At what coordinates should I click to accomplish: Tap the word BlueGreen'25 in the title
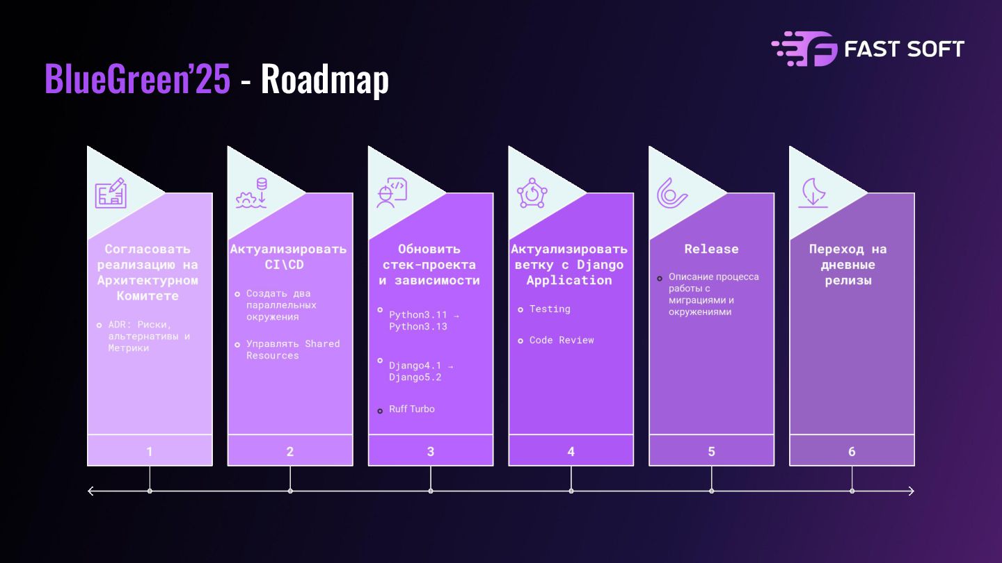tap(137, 79)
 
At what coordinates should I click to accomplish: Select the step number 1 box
tap(150, 451)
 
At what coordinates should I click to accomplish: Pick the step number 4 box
tap(571, 451)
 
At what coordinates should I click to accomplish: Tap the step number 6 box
tap(852, 451)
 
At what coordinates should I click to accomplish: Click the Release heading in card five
tap(711, 249)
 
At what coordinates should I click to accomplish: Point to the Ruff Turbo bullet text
tap(412, 409)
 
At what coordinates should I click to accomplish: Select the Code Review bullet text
tap(562, 340)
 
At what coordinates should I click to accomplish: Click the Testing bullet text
tap(550, 309)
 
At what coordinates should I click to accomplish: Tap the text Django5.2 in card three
tap(415, 377)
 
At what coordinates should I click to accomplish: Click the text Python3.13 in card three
tap(418, 327)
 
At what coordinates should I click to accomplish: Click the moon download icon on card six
tap(813, 193)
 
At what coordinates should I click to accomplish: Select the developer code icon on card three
tap(392, 193)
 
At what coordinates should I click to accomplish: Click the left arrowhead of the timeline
tap(90, 491)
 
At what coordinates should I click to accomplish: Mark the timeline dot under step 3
tap(431, 491)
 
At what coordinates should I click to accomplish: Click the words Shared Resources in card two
tap(293, 350)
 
